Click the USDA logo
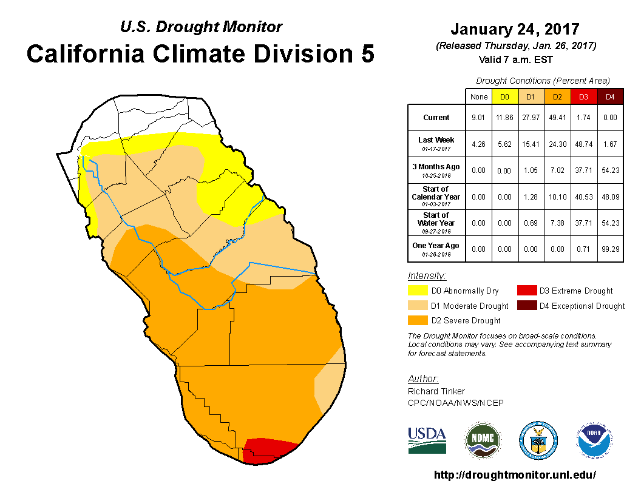click(x=427, y=440)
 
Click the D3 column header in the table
click(x=583, y=96)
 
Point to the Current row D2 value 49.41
click(x=557, y=118)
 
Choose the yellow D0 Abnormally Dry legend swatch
click(x=416, y=291)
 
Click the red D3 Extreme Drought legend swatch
click(x=525, y=291)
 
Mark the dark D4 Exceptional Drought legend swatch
click(x=525, y=306)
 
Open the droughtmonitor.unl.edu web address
click(x=515, y=475)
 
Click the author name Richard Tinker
click(x=436, y=391)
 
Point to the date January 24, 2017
click(x=515, y=29)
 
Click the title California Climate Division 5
click(x=200, y=53)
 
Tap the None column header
click(x=479, y=96)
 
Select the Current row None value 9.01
click(x=479, y=118)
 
